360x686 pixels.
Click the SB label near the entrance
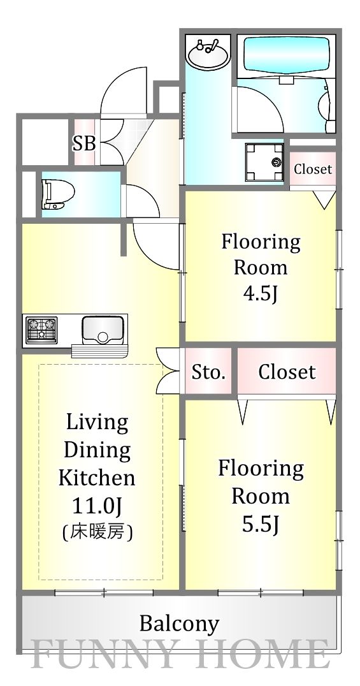tap(84, 143)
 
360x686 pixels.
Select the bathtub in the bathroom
tap(287, 52)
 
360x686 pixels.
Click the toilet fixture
tap(58, 193)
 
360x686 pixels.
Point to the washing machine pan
tap(264, 163)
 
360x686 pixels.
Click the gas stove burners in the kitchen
tap(41, 330)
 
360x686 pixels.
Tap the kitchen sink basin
tap(103, 329)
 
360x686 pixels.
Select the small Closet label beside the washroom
tap(313, 169)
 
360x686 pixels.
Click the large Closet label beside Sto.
tap(287, 372)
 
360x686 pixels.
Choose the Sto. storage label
tap(208, 373)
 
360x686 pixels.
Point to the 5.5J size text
tap(261, 523)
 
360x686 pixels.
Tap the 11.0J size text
tap(97, 506)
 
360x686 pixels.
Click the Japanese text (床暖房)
tap(97, 532)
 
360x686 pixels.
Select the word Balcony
tap(179, 624)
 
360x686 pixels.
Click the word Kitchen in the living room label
tap(97, 478)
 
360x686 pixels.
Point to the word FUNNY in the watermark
tap(105, 655)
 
